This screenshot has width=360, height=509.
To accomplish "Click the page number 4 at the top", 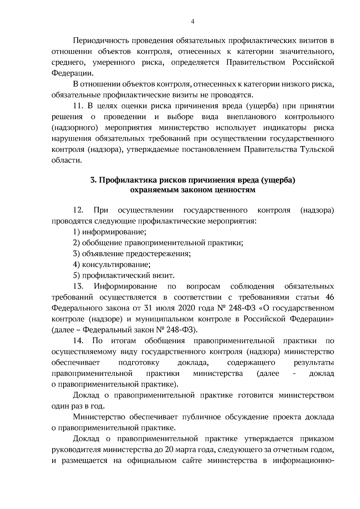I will coord(193,21).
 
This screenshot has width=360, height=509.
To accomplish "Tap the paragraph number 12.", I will coord(78,210).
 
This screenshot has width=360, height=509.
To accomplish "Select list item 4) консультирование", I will coord(112,265).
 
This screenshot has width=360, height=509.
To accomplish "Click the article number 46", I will coord(329,297).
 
